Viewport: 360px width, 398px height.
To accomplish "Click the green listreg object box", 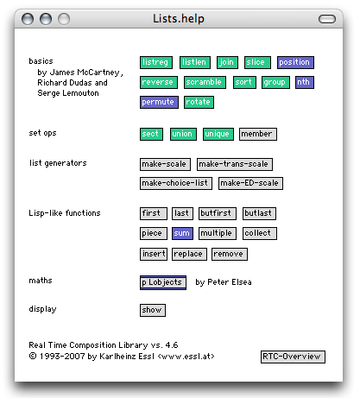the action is pyautogui.click(x=156, y=62).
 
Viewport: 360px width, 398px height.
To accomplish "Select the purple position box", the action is pyautogui.click(x=295, y=62).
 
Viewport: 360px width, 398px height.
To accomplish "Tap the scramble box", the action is pyautogui.click(x=205, y=82).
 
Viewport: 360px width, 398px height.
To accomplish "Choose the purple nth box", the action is pyautogui.click(x=305, y=82).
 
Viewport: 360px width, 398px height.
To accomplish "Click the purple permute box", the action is pyautogui.click(x=159, y=102).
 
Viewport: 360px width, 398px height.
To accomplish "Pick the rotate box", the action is pyautogui.click(x=199, y=102).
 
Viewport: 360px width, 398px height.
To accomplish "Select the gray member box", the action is pyautogui.click(x=258, y=134).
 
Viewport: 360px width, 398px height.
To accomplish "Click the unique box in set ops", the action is pyautogui.click(x=218, y=134).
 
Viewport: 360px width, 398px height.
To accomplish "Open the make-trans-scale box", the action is pyautogui.click(x=235, y=164).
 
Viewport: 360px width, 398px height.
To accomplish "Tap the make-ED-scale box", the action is pyautogui.click(x=250, y=183).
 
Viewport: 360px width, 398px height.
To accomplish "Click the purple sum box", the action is pyautogui.click(x=182, y=233).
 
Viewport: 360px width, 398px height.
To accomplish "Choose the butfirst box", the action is pyautogui.click(x=218, y=213).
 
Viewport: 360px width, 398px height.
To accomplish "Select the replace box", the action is pyautogui.click(x=189, y=254).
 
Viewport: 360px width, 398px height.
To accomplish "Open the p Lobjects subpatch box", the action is pyautogui.click(x=163, y=282).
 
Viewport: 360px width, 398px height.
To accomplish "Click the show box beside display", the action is pyautogui.click(x=153, y=310).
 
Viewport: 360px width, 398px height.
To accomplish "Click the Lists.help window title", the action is pyautogui.click(x=179, y=19).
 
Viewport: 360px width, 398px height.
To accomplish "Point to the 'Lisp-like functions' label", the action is pyautogui.click(x=65, y=213).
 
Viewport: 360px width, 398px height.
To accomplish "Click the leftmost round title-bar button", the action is pyautogui.click(x=28, y=19).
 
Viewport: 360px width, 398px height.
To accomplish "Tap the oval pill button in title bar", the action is pyautogui.click(x=327, y=19).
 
